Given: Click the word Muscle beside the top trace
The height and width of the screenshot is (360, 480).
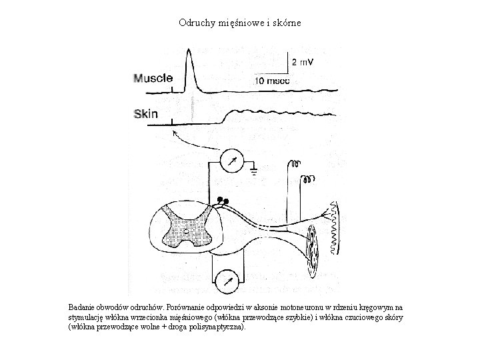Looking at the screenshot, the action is point(153,78).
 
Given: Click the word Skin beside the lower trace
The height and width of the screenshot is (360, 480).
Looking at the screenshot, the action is point(146,114).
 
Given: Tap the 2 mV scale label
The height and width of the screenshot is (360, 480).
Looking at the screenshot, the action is point(303,62).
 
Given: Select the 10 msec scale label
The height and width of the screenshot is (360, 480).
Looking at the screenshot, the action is point(273,80).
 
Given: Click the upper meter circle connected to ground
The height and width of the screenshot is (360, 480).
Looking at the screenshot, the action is point(231,161).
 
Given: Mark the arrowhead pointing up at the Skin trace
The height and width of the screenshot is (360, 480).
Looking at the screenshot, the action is point(175,133).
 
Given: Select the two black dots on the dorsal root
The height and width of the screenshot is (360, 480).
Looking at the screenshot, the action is point(223,200).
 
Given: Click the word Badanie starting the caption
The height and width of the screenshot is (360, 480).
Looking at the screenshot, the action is point(83,306).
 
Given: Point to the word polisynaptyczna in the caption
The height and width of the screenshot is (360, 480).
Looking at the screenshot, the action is point(213,328).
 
